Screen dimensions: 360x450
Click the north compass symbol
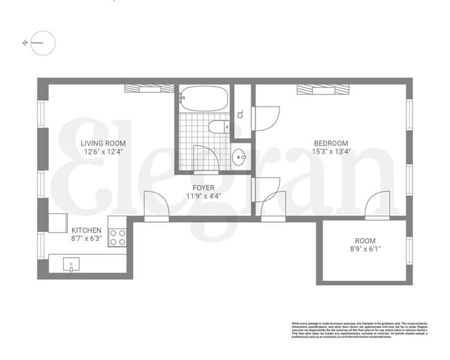[42, 43]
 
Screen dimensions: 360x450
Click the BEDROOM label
[330, 143]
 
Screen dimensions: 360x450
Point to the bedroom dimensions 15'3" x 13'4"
[330, 152]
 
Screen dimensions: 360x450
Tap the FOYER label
[203, 188]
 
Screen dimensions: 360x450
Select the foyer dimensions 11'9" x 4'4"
[203, 196]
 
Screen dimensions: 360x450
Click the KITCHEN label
[87, 230]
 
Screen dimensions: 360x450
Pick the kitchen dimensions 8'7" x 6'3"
[87, 238]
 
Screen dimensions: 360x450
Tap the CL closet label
[240, 114]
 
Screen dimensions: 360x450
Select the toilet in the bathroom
[217, 127]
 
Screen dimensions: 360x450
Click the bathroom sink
[240, 157]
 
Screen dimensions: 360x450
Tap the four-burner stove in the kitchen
[117, 237]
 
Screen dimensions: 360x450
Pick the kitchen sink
[71, 263]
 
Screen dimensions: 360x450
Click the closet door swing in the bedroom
[266, 118]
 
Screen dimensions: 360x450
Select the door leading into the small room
[378, 206]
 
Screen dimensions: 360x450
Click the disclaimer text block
[363, 332]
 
